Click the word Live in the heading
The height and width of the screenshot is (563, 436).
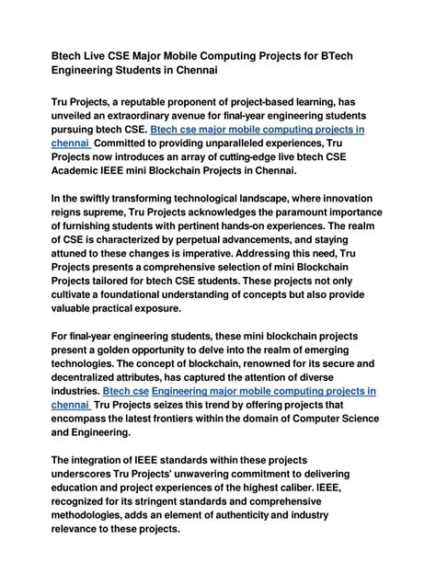(x=100, y=57)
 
